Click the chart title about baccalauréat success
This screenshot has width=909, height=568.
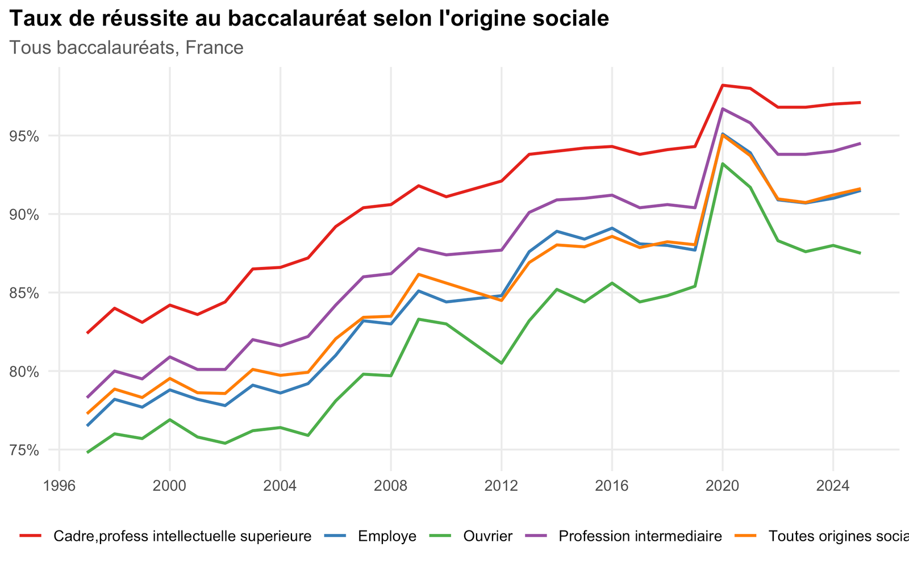tap(309, 19)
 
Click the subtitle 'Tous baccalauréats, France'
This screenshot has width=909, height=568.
tap(126, 48)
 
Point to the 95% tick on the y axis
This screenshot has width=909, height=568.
tap(24, 136)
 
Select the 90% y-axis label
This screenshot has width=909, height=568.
tap(24, 215)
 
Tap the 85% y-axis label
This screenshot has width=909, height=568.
tap(24, 293)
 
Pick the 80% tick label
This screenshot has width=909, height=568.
tap(24, 371)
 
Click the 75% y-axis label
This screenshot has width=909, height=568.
tap(24, 450)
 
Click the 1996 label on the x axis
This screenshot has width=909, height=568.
tap(59, 486)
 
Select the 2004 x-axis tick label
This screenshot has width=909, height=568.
tap(280, 486)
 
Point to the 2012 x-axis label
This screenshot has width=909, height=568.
tap(501, 486)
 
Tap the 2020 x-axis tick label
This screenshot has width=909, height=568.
tap(722, 486)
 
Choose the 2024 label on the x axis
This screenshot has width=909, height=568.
tap(833, 486)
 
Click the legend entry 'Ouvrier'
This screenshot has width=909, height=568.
tap(488, 536)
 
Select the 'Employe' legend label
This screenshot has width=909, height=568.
tap(387, 536)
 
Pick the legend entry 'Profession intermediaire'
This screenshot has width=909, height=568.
tap(640, 536)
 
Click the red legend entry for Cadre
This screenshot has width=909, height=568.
tap(182, 536)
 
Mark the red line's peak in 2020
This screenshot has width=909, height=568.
tap(722, 85)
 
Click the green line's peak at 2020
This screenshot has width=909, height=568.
tap(722, 164)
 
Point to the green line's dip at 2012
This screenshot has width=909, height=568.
tap(501, 363)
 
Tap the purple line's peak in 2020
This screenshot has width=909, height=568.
tap(722, 108)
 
